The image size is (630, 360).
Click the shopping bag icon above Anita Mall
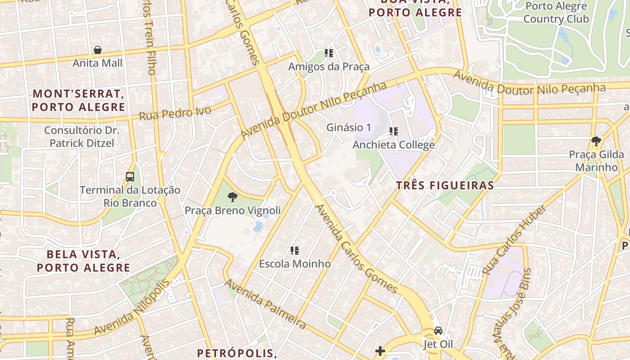97,50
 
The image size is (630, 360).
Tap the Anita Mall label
97,63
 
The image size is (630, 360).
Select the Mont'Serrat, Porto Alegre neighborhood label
78,100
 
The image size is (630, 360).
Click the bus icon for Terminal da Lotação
130,177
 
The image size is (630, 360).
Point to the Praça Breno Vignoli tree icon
233,197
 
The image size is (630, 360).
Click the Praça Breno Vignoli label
233,211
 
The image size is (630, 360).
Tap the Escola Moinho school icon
295,250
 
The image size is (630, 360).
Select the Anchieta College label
393,145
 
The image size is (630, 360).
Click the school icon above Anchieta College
394,131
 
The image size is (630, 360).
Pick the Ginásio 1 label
349,127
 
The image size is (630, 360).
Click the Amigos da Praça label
329,67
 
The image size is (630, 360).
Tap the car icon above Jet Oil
438,331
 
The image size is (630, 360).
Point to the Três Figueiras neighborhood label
445,185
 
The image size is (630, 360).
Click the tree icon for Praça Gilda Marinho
596,141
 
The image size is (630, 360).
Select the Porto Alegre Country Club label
556,13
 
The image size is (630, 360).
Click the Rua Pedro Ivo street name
175,113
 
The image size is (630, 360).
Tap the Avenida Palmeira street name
265,304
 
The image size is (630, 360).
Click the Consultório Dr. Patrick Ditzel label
81,137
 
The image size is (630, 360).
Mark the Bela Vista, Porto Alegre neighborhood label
83,261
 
